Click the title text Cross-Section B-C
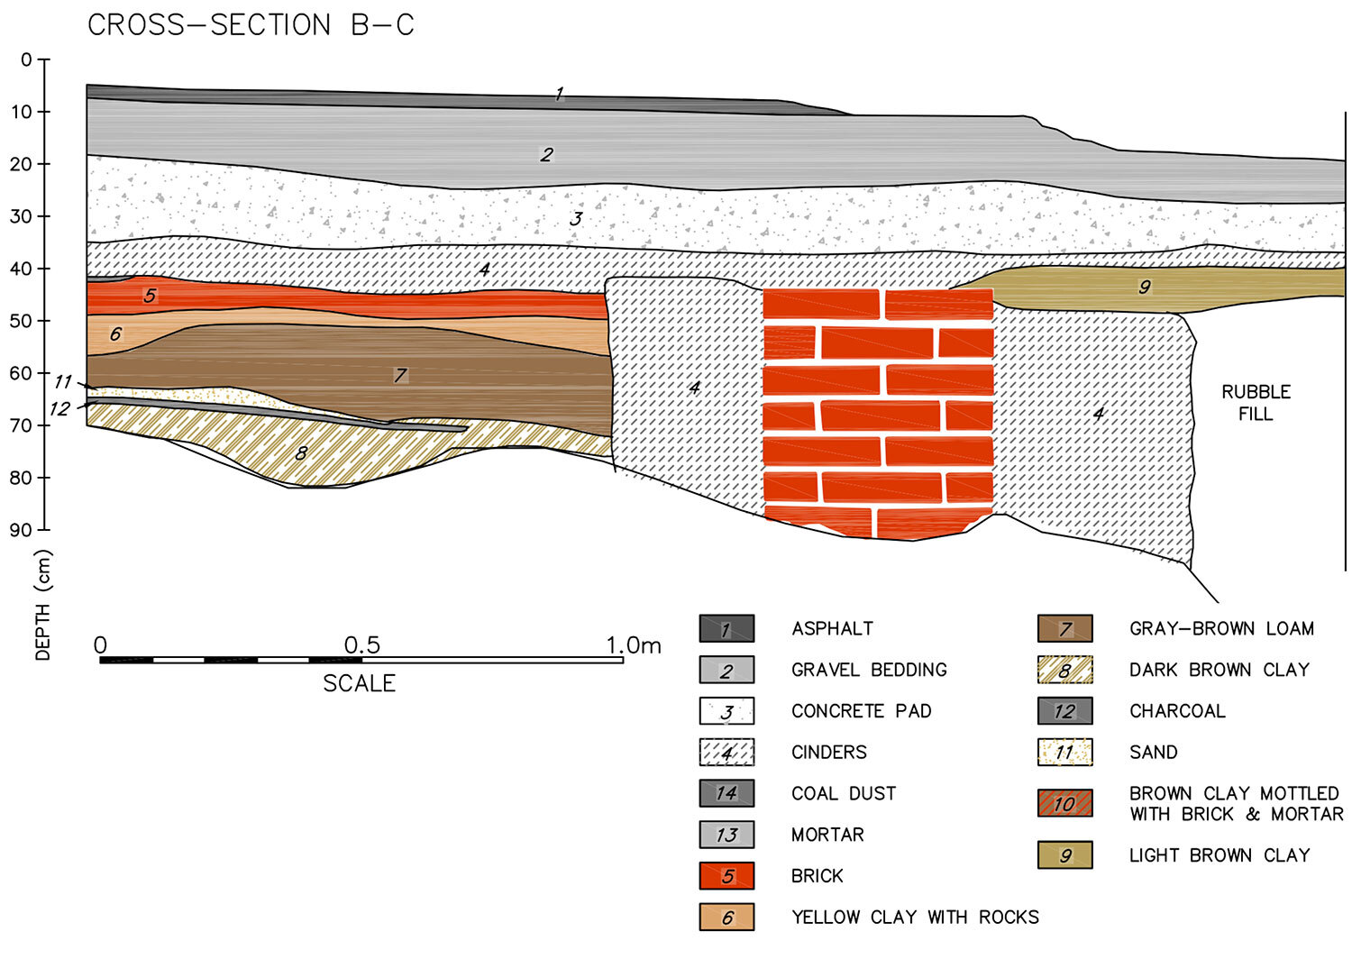pyautogui.click(x=251, y=25)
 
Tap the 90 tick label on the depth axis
pyautogui.click(x=21, y=530)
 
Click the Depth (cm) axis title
pyautogui.click(x=42, y=606)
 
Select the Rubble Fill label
pyautogui.click(x=1256, y=403)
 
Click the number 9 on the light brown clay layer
pyautogui.click(x=1145, y=288)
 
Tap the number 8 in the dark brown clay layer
pyautogui.click(x=301, y=453)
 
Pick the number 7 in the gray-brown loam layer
pyautogui.click(x=400, y=376)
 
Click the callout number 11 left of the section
pyautogui.click(x=62, y=382)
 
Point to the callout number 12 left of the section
pyautogui.click(x=59, y=409)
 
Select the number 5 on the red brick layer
pyautogui.click(x=150, y=296)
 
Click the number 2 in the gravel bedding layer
pyautogui.click(x=546, y=155)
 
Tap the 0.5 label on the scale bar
pyautogui.click(x=361, y=645)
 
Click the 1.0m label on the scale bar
pyautogui.click(x=633, y=645)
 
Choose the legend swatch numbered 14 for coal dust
pyautogui.click(x=726, y=793)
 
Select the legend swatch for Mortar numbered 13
pyautogui.click(x=726, y=835)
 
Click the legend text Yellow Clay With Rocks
pyautogui.click(x=915, y=917)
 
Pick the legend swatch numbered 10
pyautogui.click(x=1064, y=803)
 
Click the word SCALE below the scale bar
pyautogui.click(x=359, y=683)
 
